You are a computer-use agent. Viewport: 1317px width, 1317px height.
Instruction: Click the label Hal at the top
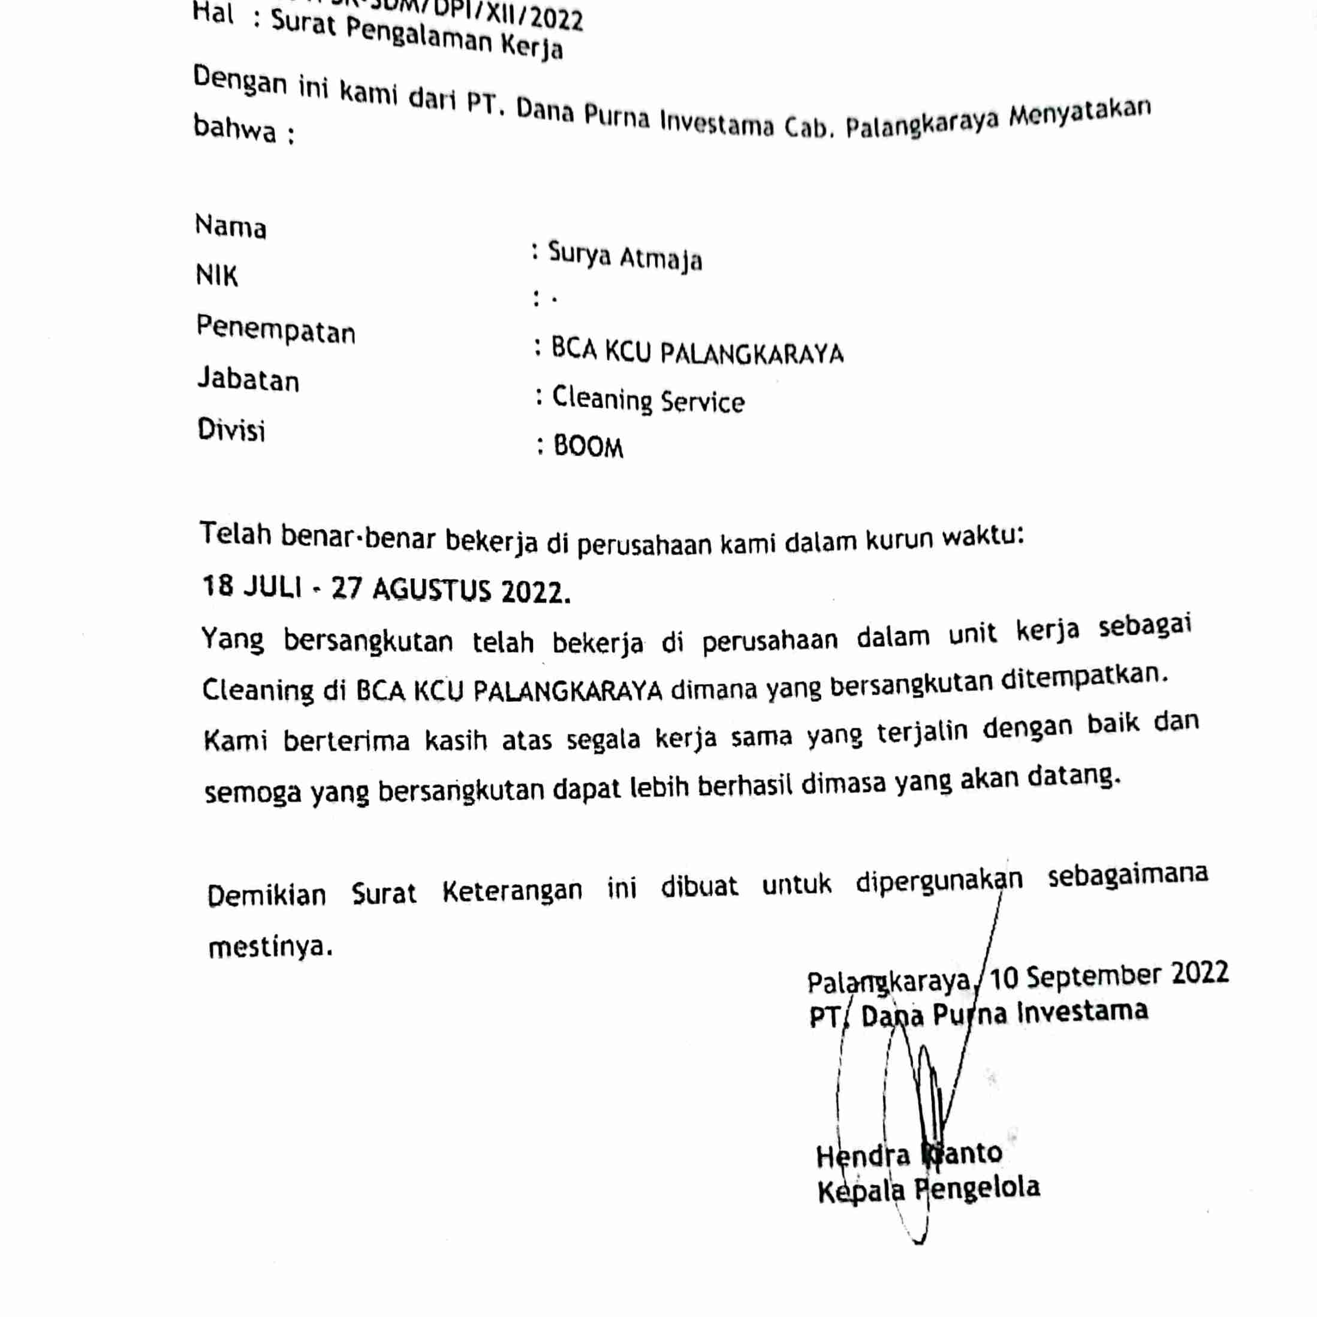(213, 13)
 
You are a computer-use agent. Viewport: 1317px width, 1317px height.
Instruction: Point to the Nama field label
(230, 227)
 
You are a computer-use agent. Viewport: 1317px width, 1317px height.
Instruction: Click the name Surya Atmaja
(625, 257)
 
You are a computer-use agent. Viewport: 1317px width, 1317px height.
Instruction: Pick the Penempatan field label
(275, 330)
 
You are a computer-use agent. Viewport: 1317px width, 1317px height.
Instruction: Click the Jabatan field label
(248, 379)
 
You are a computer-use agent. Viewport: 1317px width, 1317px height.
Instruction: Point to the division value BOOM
(588, 447)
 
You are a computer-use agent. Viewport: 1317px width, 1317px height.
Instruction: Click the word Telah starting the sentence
(235, 533)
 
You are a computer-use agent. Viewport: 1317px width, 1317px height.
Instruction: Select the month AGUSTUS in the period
(432, 590)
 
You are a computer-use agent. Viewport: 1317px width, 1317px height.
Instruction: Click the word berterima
(346, 740)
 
